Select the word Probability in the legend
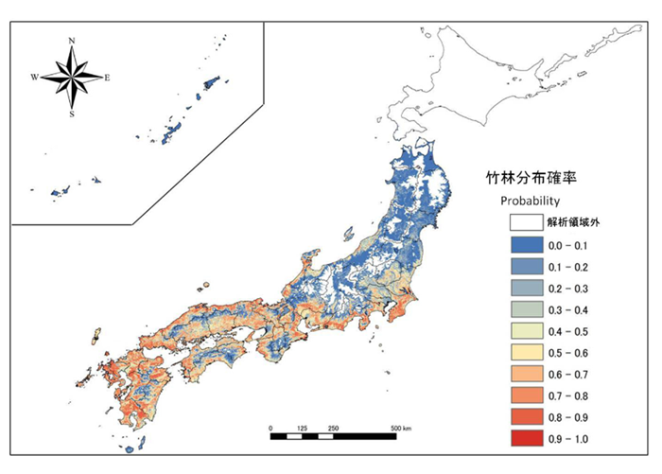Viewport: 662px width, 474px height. point(531,202)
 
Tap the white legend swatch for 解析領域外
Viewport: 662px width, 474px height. point(526,223)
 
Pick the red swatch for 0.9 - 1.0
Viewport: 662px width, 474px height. point(526,438)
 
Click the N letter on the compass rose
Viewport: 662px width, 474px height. point(72,42)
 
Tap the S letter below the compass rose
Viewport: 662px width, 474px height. point(72,114)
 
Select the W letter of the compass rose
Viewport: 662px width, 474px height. point(35,77)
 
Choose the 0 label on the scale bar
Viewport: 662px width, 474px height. point(270,429)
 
